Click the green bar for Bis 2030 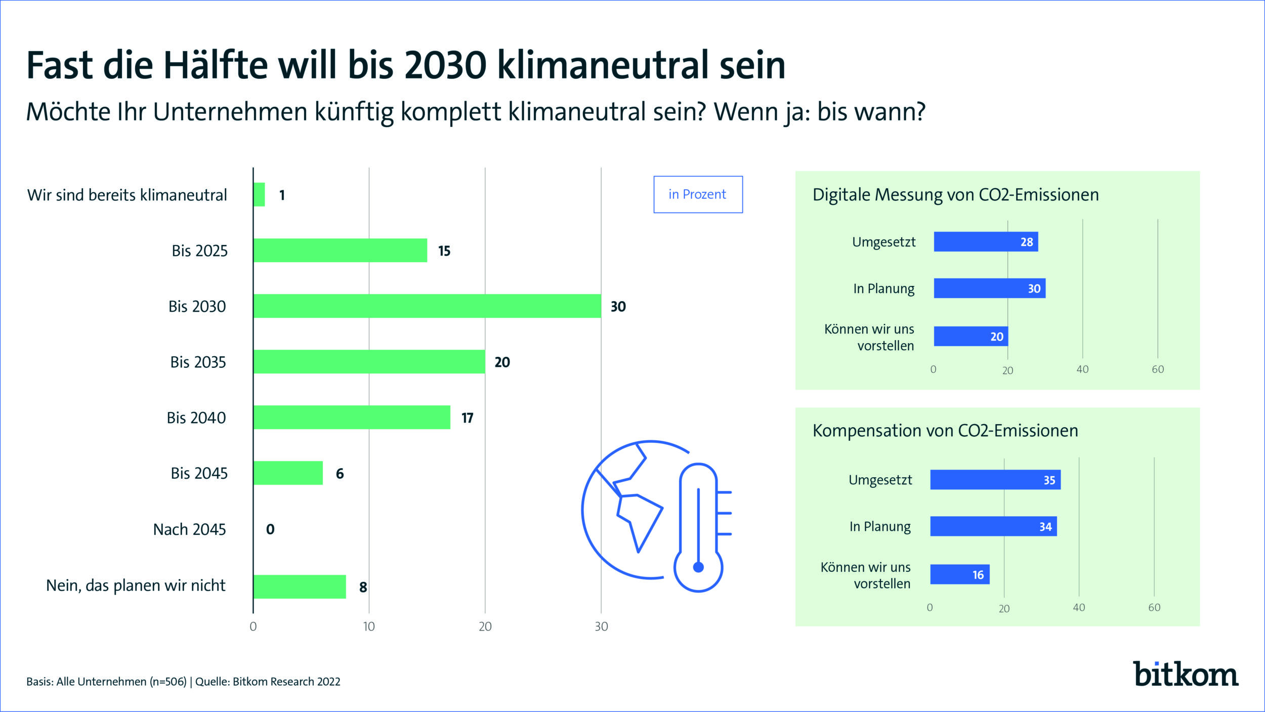tap(427, 306)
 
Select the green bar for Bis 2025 tap(340, 250)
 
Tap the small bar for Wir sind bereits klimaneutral tap(259, 195)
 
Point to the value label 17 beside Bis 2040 tap(467, 418)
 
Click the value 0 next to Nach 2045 tap(270, 529)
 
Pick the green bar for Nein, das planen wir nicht tap(299, 587)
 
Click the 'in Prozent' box tap(698, 195)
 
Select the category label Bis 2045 tap(199, 474)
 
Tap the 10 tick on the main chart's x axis tap(369, 626)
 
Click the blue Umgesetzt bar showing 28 tap(985, 242)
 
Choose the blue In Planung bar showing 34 tap(993, 527)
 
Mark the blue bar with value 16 tap(959, 575)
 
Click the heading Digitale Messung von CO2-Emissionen tap(955, 195)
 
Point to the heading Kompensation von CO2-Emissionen tap(945, 431)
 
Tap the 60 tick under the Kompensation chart tap(1154, 608)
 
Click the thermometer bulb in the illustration tap(698, 568)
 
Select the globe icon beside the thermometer tap(627, 509)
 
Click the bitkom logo tap(1185, 674)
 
